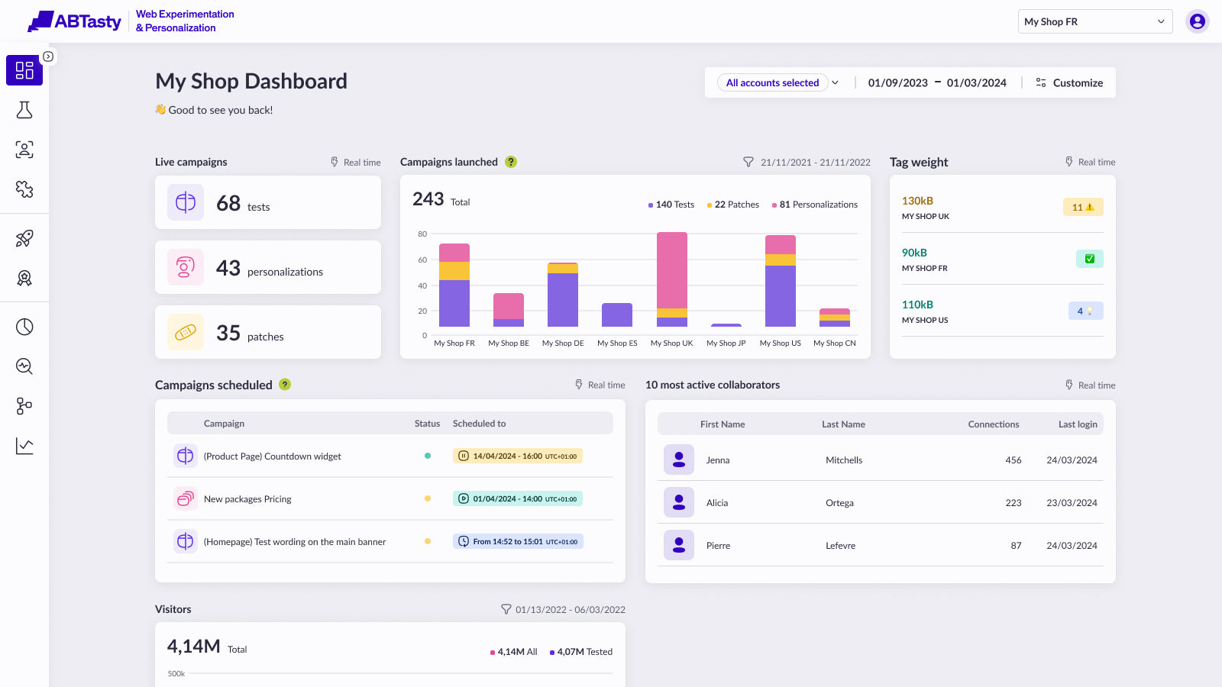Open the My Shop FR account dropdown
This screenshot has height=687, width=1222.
(x=1095, y=22)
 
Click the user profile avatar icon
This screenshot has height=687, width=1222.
(x=1197, y=22)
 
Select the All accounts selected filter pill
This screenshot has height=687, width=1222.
(x=772, y=83)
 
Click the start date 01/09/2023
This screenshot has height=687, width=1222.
(x=897, y=83)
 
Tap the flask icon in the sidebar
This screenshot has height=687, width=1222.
(x=24, y=110)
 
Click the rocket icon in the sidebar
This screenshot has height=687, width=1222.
(x=24, y=238)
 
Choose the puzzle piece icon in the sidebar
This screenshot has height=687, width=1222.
(x=24, y=189)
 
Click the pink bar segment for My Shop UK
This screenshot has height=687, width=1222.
(x=671, y=270)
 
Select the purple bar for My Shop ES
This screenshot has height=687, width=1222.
(x=617, y=314)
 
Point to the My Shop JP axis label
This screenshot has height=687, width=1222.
(x=726, y=343)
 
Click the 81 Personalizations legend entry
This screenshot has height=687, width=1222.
(x=814, y=205)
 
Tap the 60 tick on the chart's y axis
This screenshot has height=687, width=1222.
(x=422, y=260)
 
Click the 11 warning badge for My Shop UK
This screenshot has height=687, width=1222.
(x=1083, y=207)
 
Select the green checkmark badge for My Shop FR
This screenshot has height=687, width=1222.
(x=1089, y=259)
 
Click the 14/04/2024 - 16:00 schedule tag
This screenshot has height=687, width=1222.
(x=517, y=456)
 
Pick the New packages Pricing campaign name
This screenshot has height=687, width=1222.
(x=247, y=499)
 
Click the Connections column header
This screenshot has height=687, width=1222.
(x=994, y=424)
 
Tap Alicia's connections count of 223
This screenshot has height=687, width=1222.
(x=1013, y=503)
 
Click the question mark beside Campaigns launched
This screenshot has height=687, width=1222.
(x=511, y=162)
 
